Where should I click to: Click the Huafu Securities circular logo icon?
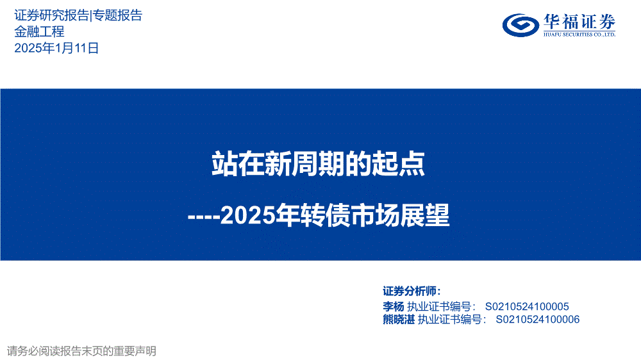point(520,26)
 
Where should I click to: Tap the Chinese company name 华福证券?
point(579,22)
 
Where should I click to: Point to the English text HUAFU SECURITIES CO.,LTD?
point(579,35)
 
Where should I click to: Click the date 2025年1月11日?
point(56,48)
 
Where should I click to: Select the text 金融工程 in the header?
point(39,32)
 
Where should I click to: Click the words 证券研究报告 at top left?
point(51,15)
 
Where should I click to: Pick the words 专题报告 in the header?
point(117,15)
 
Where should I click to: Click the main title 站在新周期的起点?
point(318,164)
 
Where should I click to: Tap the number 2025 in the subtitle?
point(247,215)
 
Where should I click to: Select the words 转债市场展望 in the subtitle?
point(375,215)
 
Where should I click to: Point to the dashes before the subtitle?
point(204,217)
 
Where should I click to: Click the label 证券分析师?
point(412,291)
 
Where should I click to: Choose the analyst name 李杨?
point(394,306)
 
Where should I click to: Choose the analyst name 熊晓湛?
point(399,319)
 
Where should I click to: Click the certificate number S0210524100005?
point(527,306)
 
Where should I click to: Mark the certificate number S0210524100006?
point(538,319)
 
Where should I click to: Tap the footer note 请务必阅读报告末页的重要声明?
point(81,351)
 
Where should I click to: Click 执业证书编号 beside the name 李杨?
point(439,306)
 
